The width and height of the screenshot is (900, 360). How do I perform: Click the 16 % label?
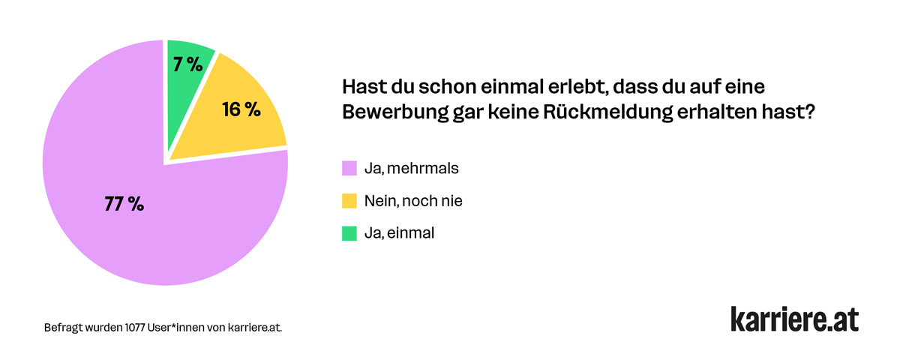(x=241, y=109)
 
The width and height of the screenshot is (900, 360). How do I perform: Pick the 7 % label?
(x=187, y=64)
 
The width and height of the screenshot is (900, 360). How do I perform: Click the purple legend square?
(x=349, y=168)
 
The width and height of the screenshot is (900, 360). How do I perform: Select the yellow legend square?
(x=349, y=201)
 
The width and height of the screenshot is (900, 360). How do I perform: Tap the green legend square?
(x=349, y=233)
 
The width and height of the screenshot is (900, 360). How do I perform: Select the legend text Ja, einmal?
(x=399, y=233)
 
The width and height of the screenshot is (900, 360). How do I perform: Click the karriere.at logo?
(x=794, y=318)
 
